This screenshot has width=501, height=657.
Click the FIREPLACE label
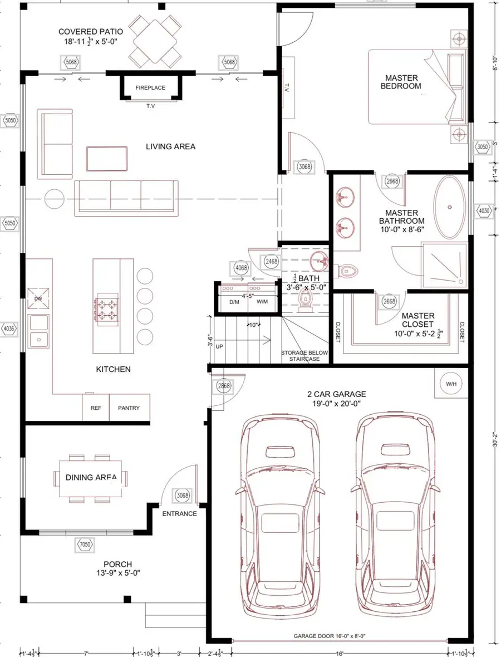click(150, 87)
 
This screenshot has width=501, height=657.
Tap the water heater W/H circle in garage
click(449, 384)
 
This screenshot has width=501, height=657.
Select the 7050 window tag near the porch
click(85, 544)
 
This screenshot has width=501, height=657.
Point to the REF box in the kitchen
click(96, 408)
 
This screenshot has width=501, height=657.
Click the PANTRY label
click(129, 408)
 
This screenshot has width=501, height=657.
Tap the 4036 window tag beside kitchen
click(9, 328)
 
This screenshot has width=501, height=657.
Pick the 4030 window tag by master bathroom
click(483, 210)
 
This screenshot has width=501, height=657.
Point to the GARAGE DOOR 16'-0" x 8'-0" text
click(333, 636)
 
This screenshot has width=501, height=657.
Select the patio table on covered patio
click(156, 40)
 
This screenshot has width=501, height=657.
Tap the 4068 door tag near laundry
click(242, 268)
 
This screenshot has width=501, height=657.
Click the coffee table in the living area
click(106, 158)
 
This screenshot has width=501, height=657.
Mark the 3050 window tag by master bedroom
click(483, 147)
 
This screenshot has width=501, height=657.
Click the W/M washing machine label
click(262, 301)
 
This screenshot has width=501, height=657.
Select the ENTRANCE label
click(179, 513)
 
